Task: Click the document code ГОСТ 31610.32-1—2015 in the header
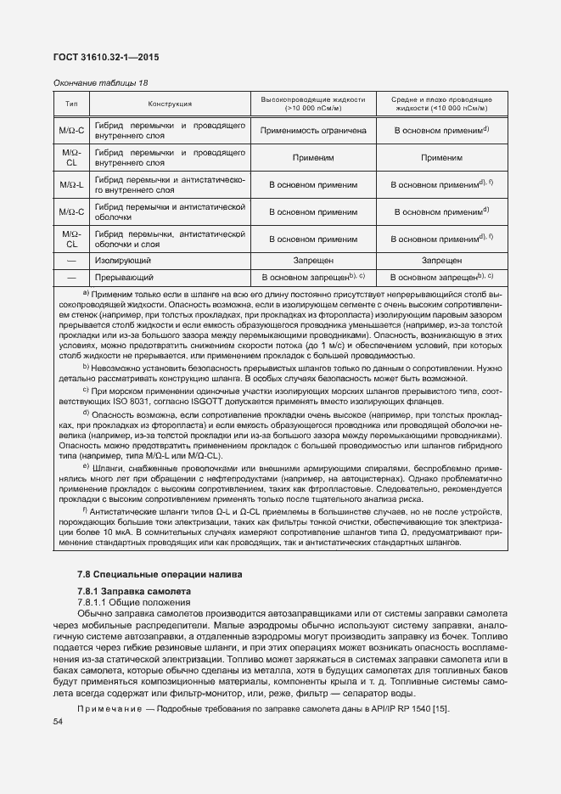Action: tap(107, 57)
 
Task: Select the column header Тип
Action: tap(71, 104)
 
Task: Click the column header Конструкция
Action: tap(170, 104)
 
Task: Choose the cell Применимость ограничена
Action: tap(313, 132)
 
